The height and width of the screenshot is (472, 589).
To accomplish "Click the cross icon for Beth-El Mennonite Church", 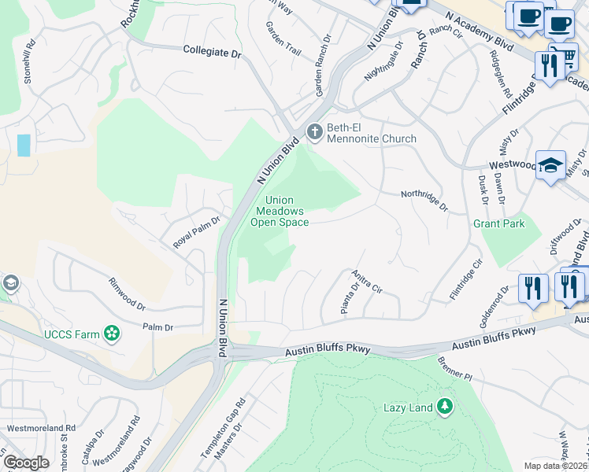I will [x=315, y=131].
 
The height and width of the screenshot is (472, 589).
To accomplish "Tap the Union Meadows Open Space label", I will [x=279, y=212].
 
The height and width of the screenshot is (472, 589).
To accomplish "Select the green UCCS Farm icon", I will [x=113, y=334].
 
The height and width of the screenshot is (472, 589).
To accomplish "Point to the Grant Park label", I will [x=498, y=224].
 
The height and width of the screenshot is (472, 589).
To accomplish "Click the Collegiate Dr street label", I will [x=211, y=52].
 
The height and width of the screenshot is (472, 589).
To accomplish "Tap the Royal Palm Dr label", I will [x=195, y=233].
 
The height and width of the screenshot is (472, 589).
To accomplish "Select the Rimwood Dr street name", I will [x=127, y=293].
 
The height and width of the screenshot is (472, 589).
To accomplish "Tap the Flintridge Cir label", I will [x=465, y=275].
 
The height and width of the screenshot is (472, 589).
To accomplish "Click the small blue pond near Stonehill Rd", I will [x=24, y=145].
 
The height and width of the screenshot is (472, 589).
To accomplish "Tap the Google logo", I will [x=26, y=463].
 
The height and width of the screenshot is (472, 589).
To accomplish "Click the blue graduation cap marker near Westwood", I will [x=551, y=165].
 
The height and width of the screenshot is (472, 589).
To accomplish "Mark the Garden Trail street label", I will [x=283, y=39].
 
